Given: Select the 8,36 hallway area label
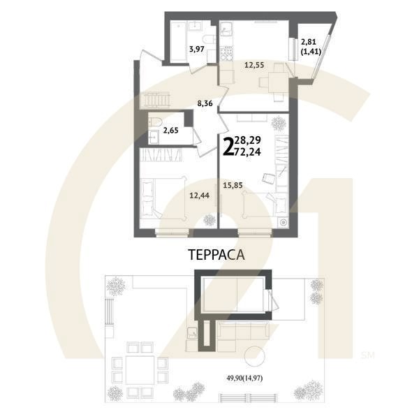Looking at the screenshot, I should tap(205, 103).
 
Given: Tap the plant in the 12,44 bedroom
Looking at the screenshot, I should tap(209, 220).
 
